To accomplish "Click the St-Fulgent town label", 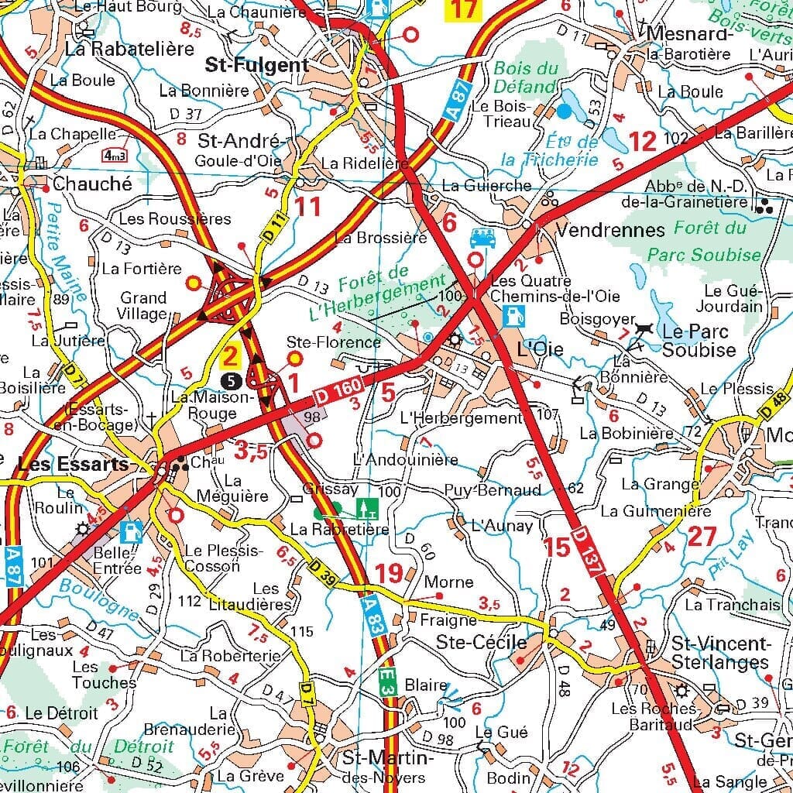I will coord(256,64).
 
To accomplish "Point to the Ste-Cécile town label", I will coord(481,642).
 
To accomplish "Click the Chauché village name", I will coord(92,185).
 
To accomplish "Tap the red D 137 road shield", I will coord(589,551).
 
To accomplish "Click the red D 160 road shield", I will coord(335,393).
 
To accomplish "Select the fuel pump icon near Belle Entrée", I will coord(132,532).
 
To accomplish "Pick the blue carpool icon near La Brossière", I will coord(481,236).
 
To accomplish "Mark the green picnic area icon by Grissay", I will coord(366,508).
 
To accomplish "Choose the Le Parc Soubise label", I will coord(695,341).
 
